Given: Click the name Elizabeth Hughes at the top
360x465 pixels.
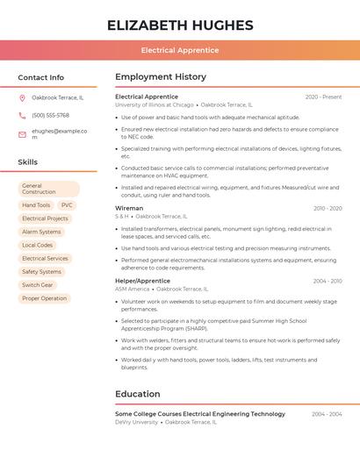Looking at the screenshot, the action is click(x=180, y=25).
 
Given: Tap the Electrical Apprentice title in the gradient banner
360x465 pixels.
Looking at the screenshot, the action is click(x=180, y=50).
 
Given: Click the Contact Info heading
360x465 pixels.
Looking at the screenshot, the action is click(x=41, y=77).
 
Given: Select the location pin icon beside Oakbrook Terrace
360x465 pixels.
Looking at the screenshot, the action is click(x=22, y=98).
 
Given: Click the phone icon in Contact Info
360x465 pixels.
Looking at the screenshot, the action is click(x=22, y=116).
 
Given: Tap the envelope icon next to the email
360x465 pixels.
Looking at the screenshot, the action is click(x=22, y=133).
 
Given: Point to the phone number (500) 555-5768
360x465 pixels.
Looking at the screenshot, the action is click(x=50, y=116).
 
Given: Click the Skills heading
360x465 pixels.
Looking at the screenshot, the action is click(x=28, y=162).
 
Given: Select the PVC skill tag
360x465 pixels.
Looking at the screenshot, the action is click(x=67, y=205).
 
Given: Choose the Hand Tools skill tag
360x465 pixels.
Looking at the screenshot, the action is click(x=36, y=205).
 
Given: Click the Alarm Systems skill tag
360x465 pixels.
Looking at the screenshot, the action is click(x=41, y=232).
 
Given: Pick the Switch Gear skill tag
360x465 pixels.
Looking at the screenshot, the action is click(x=38, y=285).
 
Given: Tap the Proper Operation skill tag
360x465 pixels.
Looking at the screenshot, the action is click(x=44, y=298).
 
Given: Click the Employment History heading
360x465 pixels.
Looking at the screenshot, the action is click(x=161, y=77).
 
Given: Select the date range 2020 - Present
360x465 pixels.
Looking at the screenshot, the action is click(x=323, y=97).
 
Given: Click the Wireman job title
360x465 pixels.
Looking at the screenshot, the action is click(x=129, y=209).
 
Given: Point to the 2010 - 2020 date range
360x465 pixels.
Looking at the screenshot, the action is click(x=328, y=209).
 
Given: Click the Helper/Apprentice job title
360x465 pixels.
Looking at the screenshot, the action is click(x=142, y=281).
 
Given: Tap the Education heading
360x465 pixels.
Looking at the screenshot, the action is click(x=138, y=394).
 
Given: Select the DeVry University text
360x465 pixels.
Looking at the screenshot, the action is click(x=136, y=422).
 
